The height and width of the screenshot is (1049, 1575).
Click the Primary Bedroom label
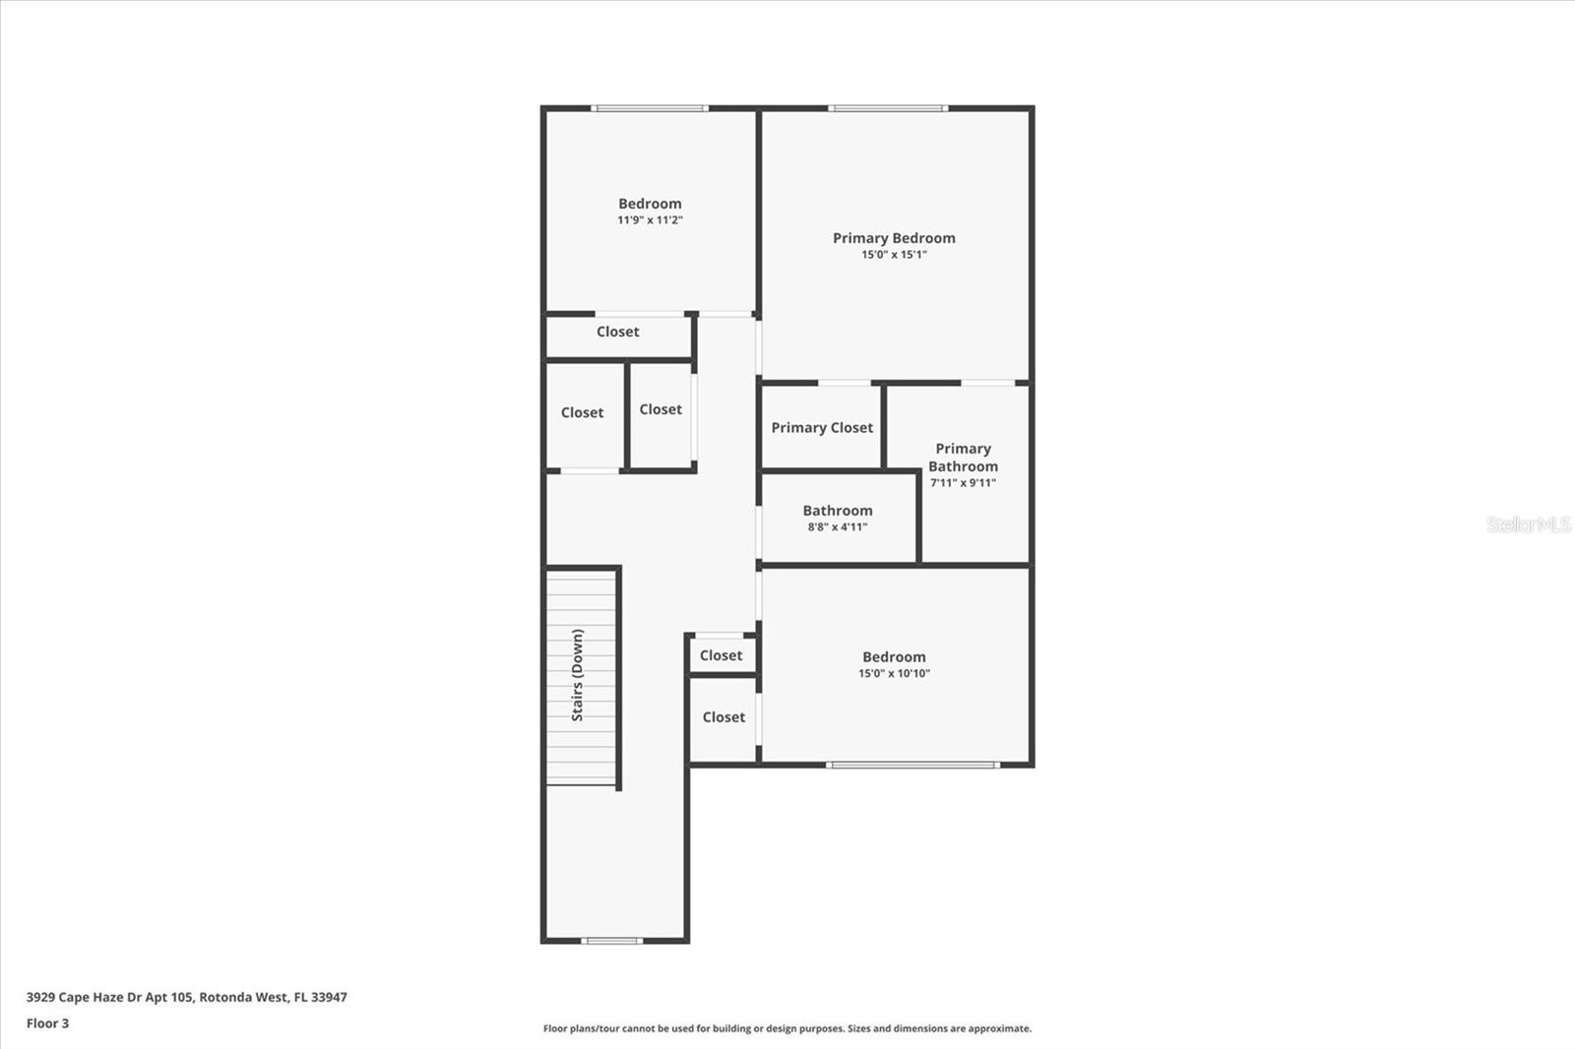tap(894, 238)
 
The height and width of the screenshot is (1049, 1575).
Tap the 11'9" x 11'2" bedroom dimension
tap(650, 220)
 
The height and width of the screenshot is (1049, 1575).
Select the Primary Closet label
tap(822, 428)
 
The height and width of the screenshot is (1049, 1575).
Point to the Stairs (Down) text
tap(578, 675)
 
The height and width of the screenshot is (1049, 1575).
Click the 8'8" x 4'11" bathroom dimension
tap(838, 527)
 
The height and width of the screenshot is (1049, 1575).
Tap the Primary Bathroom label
tap(963, 458)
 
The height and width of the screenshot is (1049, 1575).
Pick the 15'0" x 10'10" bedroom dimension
tap(894, 674)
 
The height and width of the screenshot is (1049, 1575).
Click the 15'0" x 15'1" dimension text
tap(894, 255)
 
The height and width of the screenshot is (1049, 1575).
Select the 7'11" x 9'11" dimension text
tap(963, 483)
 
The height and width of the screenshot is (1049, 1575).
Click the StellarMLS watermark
tap(1529, 524)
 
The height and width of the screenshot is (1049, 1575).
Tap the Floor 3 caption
tap(47, 1023)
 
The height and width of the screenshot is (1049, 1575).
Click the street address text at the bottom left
tap(187, 997)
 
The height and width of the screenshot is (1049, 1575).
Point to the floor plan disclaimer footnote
tap(787, 1028)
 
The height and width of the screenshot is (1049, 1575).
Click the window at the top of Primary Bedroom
tap(888, 108)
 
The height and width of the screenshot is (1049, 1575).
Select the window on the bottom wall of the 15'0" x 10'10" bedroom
tap(913, 765)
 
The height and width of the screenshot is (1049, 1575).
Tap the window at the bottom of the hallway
tap(612, 941)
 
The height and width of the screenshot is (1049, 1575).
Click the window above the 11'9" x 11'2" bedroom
tap(649, 108)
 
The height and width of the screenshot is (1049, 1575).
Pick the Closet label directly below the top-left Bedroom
tap(618, 333)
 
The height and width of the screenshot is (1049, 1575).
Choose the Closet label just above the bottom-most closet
tap(722, 655)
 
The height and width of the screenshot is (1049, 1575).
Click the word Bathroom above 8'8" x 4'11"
tap(838, 511)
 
